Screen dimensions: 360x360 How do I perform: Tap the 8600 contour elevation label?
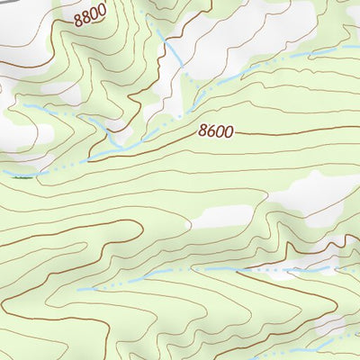pos(215,132)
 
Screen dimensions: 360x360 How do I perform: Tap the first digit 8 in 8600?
pos(202,132)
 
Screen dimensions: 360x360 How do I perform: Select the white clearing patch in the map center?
pos(220,217)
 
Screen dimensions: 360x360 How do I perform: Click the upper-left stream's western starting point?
pos(25,105)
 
